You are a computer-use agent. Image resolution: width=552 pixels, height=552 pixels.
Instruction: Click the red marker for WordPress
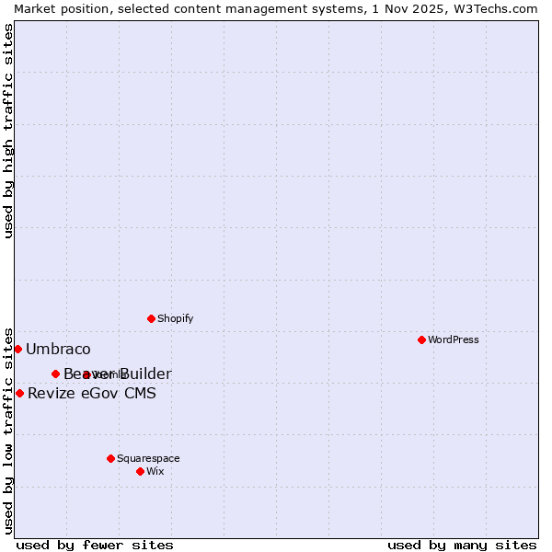(x=421, y=339)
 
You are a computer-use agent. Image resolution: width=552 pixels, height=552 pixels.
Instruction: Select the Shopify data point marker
(x=151, y=318)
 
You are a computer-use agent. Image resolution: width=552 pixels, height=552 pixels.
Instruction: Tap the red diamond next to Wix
(x=140, y=471)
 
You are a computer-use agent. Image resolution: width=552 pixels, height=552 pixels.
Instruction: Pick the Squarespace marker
(x=110, y=458)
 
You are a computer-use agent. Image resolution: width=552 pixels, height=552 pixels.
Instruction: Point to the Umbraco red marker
(x=17, y=349)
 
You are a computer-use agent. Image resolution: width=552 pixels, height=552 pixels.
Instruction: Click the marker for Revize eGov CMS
(x=19, y=393)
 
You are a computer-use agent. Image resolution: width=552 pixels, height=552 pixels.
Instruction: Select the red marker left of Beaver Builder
(x=55, y=374)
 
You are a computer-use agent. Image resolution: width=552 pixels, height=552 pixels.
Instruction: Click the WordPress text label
(x=454, y=339)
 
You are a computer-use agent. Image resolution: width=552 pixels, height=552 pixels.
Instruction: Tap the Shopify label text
(x=175, y=318)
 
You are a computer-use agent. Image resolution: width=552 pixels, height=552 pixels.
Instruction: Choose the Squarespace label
(x=148, y=458)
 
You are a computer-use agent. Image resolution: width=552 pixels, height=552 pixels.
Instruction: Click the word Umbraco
(x=58, y=349)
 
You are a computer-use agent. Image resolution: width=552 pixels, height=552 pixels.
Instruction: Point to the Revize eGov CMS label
(x=92, y=393)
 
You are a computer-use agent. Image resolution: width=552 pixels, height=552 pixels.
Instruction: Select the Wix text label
(x=155, y=471)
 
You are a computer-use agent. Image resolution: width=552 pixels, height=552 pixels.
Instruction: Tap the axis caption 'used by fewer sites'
(x=95, y=545)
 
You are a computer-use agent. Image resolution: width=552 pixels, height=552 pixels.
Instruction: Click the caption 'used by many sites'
(x=462, y=545)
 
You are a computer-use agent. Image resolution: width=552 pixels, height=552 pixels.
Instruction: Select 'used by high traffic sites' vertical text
(x=8, y=131)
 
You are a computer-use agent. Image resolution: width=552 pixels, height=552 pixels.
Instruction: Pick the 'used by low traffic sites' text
(x=8, y=431)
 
